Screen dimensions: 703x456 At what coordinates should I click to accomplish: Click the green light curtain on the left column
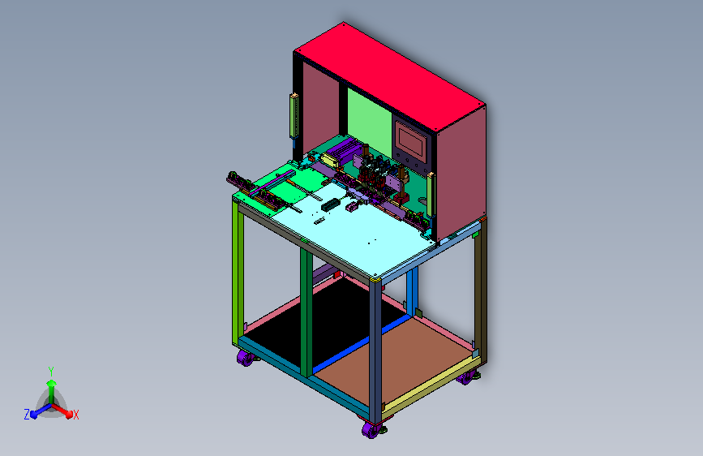(294, 116)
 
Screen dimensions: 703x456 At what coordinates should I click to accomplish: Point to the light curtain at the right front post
(431, 195)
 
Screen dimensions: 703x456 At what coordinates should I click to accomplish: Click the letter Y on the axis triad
(51, 372)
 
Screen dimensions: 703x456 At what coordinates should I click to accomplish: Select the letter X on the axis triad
(75, 415)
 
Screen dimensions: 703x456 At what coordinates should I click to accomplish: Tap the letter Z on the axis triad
(27, 415)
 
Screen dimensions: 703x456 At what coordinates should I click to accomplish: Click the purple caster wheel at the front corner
(371, 431)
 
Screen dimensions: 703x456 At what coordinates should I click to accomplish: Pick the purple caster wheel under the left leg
(245, 358)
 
